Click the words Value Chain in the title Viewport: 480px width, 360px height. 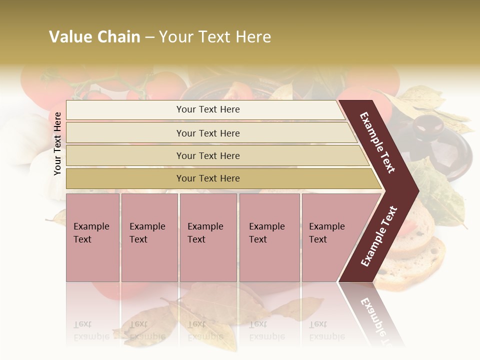tap(94, 37)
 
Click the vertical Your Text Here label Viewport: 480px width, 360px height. tap(57, 143)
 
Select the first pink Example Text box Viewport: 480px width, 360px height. tap(92, 237)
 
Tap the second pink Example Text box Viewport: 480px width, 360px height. tap(149, 237)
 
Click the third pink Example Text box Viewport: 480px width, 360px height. tap(207, 237)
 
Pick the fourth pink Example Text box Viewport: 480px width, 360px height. tap(269, 237)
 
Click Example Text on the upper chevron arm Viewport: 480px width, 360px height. tap(377, 142)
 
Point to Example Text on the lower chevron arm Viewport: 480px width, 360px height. tap(379, 236)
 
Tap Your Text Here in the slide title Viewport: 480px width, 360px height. tap(215, 37)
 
